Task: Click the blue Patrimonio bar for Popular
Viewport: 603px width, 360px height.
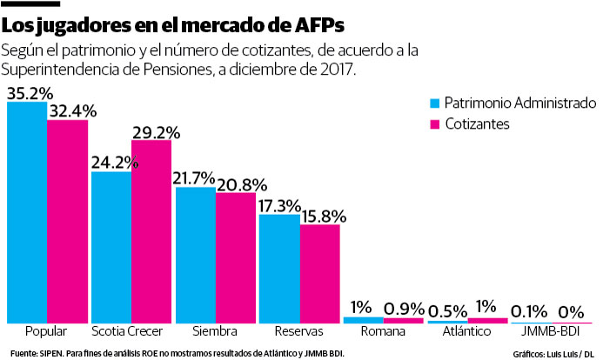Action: tap(26, 213)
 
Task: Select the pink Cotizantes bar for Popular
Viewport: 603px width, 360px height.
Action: tap(67, 222)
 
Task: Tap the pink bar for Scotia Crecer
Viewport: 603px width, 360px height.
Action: tap(151, 231)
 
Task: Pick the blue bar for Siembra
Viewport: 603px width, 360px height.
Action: tap(195, 255)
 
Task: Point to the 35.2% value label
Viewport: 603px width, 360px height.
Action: tap(30, 93)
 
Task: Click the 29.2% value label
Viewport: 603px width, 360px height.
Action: tap(156, 132)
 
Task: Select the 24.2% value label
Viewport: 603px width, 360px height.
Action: tap(111, 163)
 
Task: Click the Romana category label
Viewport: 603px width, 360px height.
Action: tap(384, 332)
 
